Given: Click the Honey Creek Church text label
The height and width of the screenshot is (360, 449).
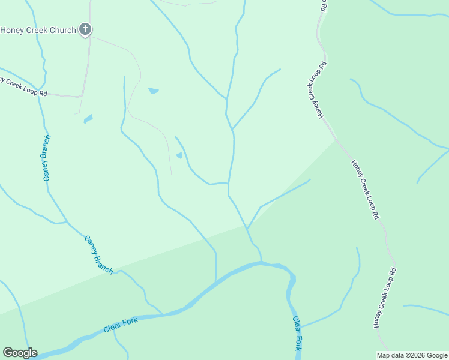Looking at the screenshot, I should click(38, 30).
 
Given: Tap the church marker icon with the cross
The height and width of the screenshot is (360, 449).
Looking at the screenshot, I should click(85, 29).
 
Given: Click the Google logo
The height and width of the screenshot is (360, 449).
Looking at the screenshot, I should click(20, 353).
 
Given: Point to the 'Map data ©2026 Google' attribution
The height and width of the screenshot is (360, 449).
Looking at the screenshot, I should click(412, 355).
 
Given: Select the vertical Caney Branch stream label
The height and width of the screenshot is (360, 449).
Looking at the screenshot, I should click(47, 158).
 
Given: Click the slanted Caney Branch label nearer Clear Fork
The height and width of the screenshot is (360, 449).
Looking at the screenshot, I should click(98, 255).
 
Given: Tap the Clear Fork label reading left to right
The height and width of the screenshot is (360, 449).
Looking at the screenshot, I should click(121, 325).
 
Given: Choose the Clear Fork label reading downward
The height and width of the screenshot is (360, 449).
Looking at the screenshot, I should click(297, 333).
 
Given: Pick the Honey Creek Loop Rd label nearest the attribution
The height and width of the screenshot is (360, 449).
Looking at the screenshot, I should click(385, 298).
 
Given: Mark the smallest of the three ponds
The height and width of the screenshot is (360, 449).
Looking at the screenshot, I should click(179, 156).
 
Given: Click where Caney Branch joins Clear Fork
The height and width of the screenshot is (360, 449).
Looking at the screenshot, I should click(163, 313).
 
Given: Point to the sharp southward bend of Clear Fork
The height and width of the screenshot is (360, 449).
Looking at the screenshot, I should click(292, 277).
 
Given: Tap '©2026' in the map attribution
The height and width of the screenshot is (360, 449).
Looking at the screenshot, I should click(413, 355).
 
